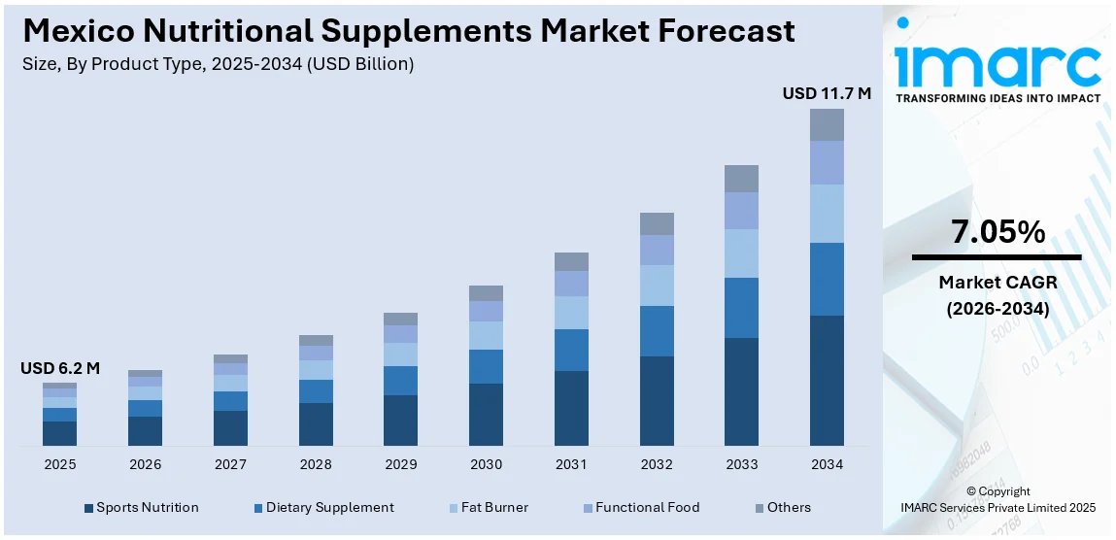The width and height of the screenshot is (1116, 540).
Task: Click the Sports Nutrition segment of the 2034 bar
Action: pyautogui.click(x=827, y=381)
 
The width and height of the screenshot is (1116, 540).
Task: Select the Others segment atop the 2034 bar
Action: pyautogui.click(x=827, y=124)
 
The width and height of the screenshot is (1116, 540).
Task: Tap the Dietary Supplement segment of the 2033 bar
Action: pyautogui.click(x=741, y=308)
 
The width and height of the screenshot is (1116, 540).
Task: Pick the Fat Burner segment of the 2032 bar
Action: pyautogui.click(x=657, y=286)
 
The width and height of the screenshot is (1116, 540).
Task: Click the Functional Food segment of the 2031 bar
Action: pyautogui.click(x=571, y=284)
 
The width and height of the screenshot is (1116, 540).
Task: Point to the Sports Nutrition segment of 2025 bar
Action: pyautogui.click(x=59, y=433)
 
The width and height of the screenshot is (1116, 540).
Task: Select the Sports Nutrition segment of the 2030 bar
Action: pyautogui.click(x=486, y=415)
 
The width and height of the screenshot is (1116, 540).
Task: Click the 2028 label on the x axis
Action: pyautogui.click(x=316, y=465)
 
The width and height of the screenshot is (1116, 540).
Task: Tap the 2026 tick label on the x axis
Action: pyautogui.click(x=145, y=465)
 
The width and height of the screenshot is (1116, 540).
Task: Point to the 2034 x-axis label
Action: pyautogui.click(x=827, y=465)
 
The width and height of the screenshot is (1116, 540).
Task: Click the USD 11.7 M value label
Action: pyautogui.click(x=827, y=94)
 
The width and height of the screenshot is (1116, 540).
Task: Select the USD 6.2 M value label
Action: pyautogui.click(x=60, y=368)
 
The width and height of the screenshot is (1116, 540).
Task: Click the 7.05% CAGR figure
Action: pyautogui.click(x=998, y=232)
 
